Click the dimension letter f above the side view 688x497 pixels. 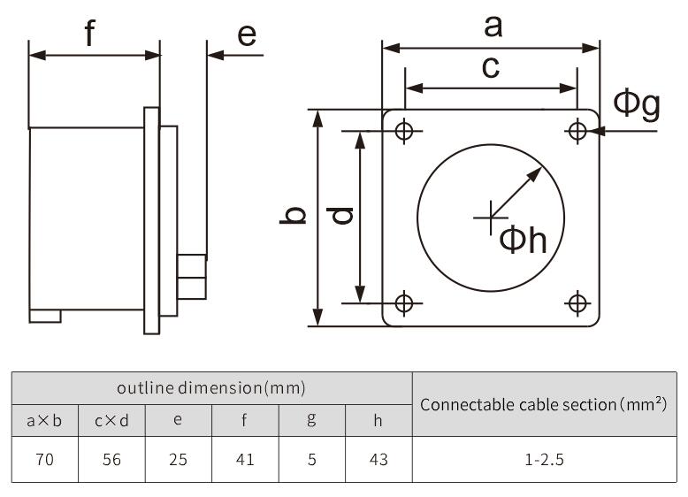(x=90, y=33)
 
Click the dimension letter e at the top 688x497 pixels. (x=247, y=35)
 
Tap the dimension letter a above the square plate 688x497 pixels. (x=493, y=27)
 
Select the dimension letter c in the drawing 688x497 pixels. (x=491, y=67)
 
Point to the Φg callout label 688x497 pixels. (x=637, y=104)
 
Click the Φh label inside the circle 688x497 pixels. (x=524, y=240)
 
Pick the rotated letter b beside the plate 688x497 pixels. (x=293, y=215)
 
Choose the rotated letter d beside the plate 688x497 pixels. (x=340, y=216)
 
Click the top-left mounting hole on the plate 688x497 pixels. (x=404, y=130)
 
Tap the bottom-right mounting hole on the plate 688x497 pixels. (x=577, y=302)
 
